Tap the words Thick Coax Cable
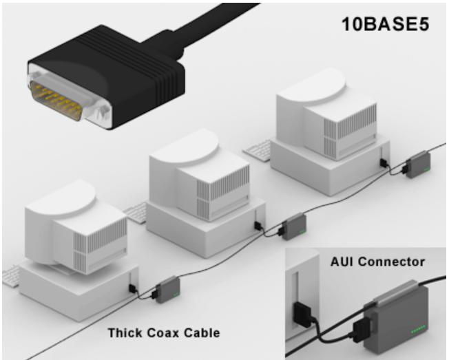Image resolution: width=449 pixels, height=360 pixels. (164, 333)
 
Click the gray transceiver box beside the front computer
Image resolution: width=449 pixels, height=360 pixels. (167, 290)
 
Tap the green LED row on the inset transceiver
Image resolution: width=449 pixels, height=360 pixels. (418, 330)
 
